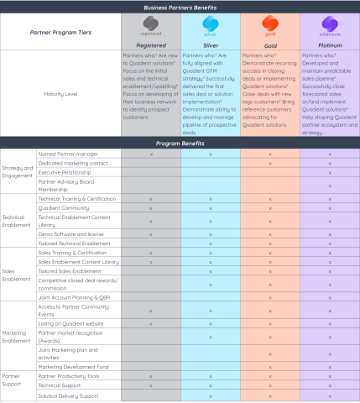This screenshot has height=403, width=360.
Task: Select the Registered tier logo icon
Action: tap(150, 25)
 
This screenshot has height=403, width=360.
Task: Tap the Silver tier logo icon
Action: tap(210, 25)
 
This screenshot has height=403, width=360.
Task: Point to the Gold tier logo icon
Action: tap(270, 25)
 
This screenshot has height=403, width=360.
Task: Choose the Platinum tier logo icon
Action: tap(330, 25)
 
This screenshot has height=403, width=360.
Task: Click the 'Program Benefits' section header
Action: tap(181, 144)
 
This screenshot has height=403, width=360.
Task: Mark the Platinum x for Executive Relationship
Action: tap(330, 170)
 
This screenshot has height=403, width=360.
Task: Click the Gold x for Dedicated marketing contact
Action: tap(270, 162)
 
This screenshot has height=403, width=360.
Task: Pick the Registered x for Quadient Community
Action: tap(150, 206)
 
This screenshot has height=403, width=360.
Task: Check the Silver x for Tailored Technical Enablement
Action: tap(210, 243)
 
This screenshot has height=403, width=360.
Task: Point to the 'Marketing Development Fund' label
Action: tap(76, 367)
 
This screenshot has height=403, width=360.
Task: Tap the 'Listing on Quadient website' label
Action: tap(71, 322)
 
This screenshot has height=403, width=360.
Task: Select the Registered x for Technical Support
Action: tap(150, 385)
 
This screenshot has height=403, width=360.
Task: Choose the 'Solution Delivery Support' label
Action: tap(71, 395)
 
